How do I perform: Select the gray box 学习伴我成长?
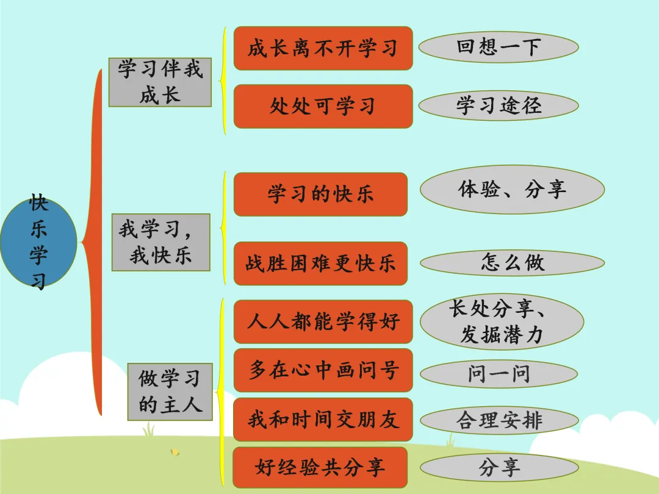tap(160, 82)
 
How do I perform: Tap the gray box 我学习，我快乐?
tap(160, 242)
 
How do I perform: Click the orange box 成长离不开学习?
tap(323, 48)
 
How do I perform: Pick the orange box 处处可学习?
tap(323, 107)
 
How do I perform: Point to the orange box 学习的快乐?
tap(320, 195)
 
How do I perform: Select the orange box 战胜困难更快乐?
tap(320, 263)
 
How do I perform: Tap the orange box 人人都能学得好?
tap(323, 321)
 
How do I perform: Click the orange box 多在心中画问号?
tap(323, 370)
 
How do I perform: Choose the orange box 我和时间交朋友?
tap(323, 420)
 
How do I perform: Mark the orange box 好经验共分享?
tap(320, 467)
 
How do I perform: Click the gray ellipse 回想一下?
tap(499, 48)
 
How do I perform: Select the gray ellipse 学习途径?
tap(499, 106)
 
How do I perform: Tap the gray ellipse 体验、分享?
tap(512, 189)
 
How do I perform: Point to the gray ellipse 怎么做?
tap(512, 263)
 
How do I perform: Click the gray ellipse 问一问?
tap(499, 374)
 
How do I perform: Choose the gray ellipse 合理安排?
tap(499, 421)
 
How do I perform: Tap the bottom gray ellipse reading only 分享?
tap(499, 468)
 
